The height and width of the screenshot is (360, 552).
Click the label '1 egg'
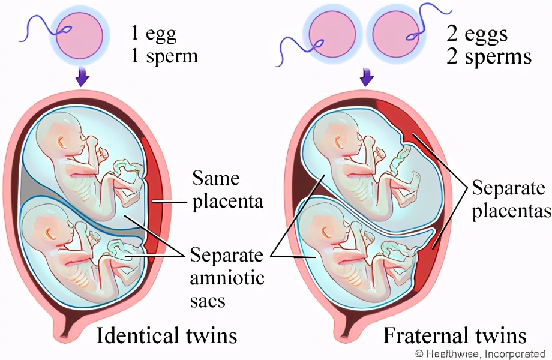pyautogui.click(x=153, y=34)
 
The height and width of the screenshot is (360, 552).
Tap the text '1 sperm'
pyautogui.click(x=164, y=56)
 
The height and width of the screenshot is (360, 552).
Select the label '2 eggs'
pyautogui.click(x=477, y=34)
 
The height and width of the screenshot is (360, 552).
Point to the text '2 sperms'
pyautogui.click(x=489, y=56)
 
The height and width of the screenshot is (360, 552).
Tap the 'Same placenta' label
pyautogui.click(x=228, y=190)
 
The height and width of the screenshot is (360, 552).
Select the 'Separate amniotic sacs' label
pyautogui.click(x=227, y=277)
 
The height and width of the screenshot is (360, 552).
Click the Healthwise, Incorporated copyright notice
pyautogui.click(x=480, y=353)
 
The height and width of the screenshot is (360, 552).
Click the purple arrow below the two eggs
pyautogui.click(x=367, y=77)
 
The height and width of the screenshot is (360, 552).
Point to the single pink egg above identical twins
pyautogui.click(x=80, y=35)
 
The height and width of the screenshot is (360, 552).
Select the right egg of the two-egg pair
pyautogui.click(x=396, y=34)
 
